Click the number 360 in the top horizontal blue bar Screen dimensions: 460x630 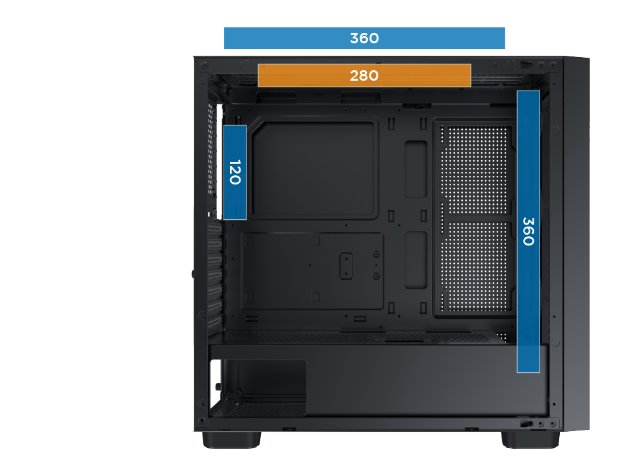[x=364, y=38]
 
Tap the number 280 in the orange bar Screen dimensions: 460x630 [x=364, y=75]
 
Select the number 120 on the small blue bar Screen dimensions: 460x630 [x=235, y=172]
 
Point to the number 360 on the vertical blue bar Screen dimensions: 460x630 [x=528, y=231]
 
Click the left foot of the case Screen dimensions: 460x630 [x=231, y=440]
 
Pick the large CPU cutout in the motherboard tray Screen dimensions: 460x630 [x=313, y=168]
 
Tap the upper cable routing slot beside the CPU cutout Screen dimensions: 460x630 [x=416, y=169]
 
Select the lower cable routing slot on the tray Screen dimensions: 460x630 [x=416, y=260]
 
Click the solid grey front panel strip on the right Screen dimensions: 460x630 [x=577, y=243]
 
